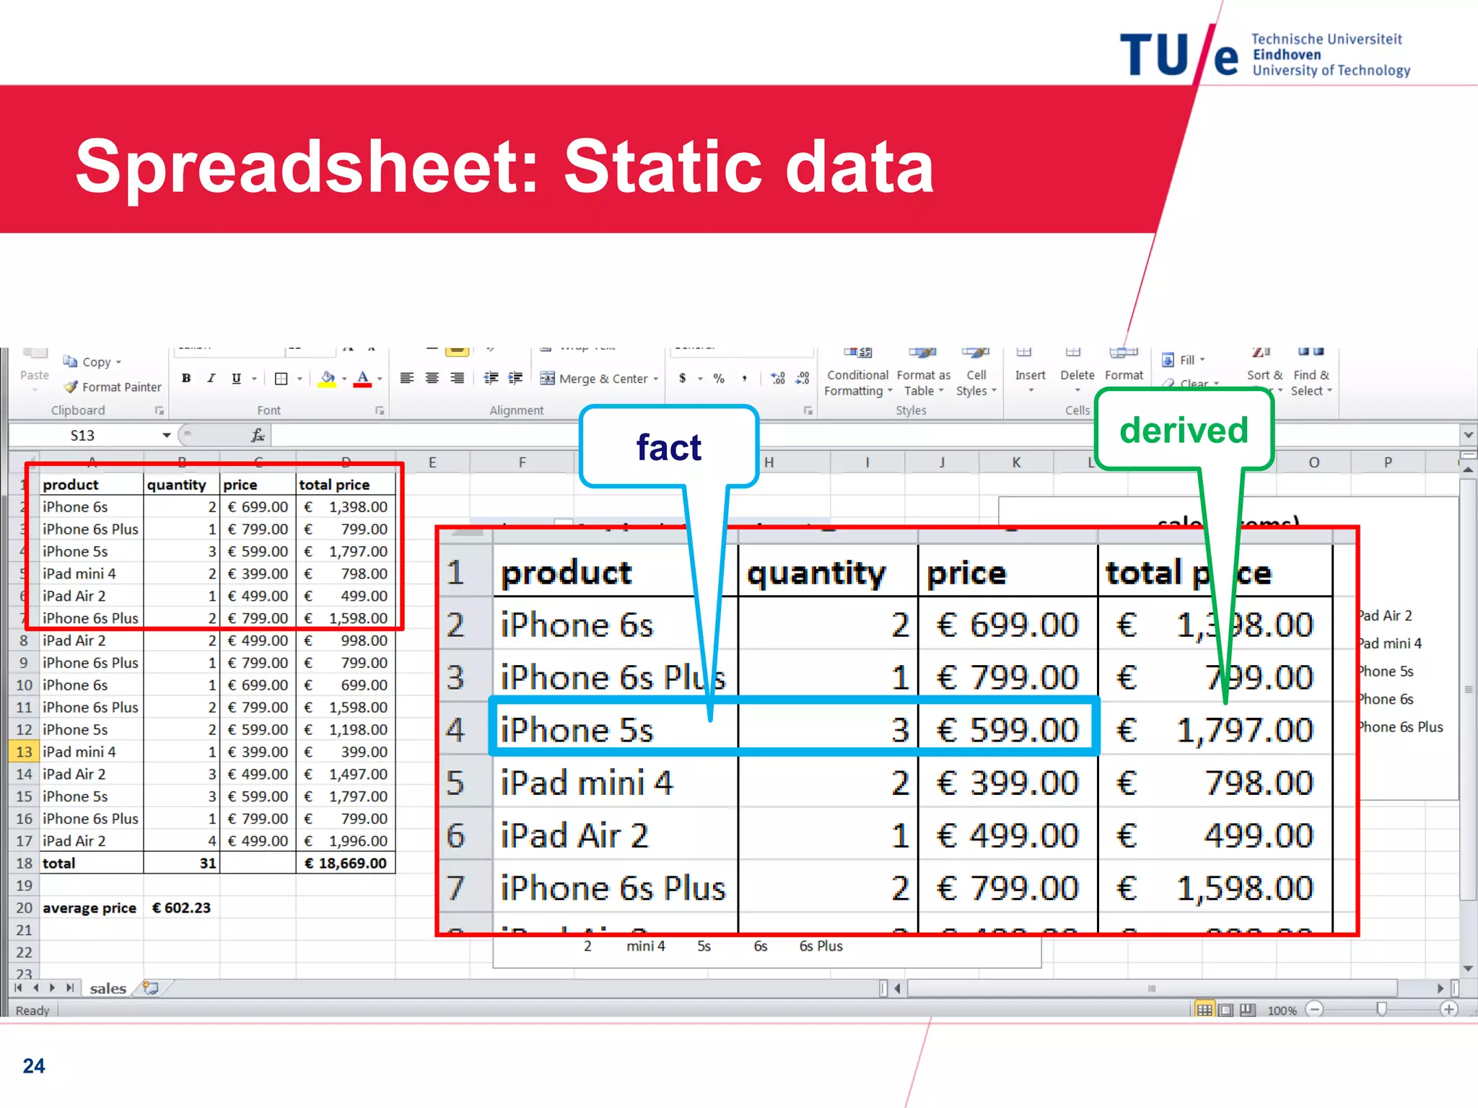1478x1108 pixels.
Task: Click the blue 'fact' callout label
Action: pos(668,448)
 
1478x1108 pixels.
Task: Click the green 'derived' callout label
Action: pos(1184,431)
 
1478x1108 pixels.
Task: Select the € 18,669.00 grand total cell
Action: pos(346,863)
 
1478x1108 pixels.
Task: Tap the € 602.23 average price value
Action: pos(181,908)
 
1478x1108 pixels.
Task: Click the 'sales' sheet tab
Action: pos(108,988)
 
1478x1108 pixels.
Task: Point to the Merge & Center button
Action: pos(599,379)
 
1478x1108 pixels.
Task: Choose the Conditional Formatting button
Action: pos(857,382)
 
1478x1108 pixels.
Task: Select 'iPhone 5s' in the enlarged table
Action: pos(577,730)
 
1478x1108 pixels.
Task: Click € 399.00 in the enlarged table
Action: pos(1007,783)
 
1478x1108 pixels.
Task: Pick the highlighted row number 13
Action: pos(24,752)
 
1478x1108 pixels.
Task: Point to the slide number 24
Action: pos(34,1065)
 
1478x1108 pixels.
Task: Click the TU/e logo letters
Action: pos(1178,56)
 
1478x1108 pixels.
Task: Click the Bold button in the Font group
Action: pos(186,378)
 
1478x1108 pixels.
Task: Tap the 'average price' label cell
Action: pos(89,908)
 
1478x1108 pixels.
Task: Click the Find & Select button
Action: pos(1311,382)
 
